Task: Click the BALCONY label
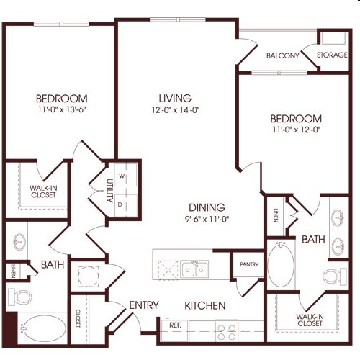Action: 283,55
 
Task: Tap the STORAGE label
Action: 333,55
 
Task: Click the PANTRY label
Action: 248,265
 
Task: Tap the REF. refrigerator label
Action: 175,325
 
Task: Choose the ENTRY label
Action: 144,305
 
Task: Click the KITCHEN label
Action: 204,305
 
